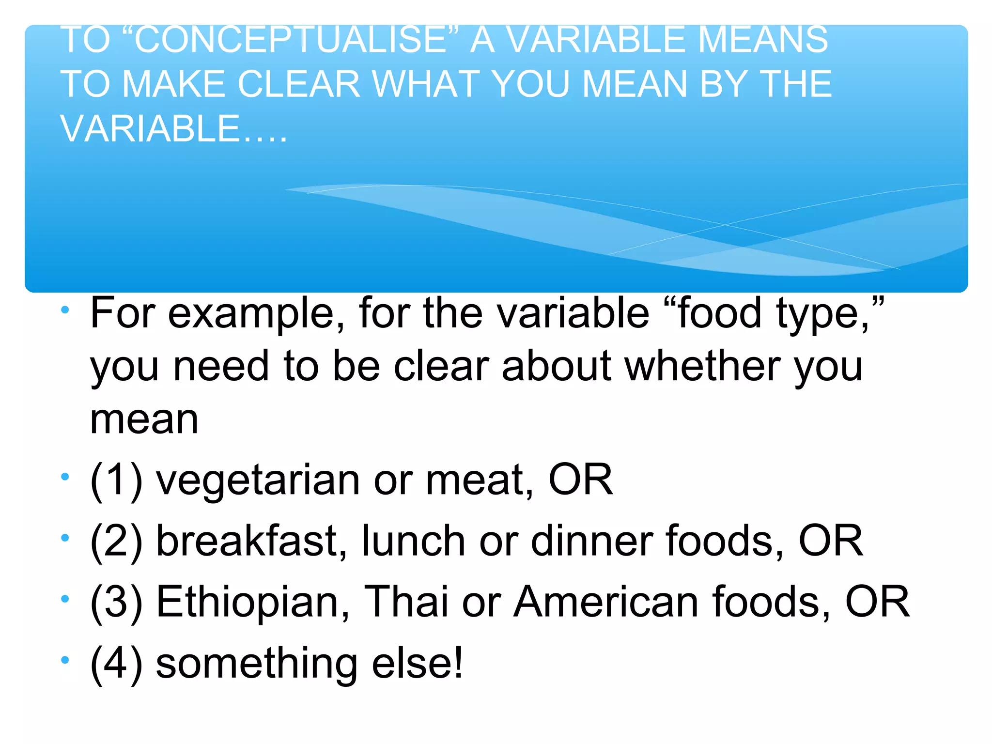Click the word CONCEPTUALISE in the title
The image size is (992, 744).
290,40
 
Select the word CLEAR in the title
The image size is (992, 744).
299,84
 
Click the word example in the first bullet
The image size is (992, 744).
251,314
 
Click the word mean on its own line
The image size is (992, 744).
144,419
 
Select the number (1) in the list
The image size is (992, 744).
116,480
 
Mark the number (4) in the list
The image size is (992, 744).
116,664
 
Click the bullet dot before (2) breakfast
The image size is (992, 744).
65,538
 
